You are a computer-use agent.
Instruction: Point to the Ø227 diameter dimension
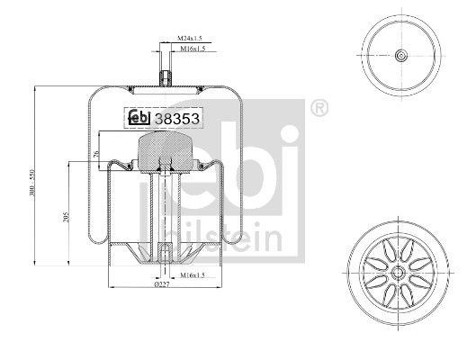[x=161, y=284]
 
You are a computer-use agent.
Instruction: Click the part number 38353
[x=177, y=117]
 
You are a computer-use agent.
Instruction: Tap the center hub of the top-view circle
[x=397, y=57]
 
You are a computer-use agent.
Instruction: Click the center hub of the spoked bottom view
[x=397, y=270]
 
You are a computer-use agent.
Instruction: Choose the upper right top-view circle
[x=397, y=57]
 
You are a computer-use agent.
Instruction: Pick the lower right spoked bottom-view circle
[x=397, y=270]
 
